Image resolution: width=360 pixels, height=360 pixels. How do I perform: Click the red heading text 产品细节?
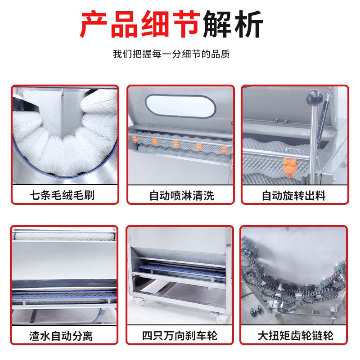click(x=139, y=24)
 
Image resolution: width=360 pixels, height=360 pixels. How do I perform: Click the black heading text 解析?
click(x=233, y=24)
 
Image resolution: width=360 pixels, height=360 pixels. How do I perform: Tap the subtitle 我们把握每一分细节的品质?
click(x=171, y=54)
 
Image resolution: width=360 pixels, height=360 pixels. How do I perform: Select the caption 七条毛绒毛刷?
click(x=62, y=195)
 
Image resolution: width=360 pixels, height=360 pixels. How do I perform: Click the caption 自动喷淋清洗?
click(x=182, y=196)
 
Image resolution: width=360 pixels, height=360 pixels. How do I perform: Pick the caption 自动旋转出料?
click(x=294, y=196)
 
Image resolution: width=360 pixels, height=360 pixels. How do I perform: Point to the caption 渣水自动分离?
click(x=61, y=336)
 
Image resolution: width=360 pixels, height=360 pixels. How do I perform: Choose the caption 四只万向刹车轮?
click(x=180, y=336)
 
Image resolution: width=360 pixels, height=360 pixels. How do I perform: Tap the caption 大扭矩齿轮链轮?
click(x=296, y=336)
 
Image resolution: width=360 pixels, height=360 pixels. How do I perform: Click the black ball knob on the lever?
click(x=315, y=98)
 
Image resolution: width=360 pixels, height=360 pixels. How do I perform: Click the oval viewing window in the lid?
click(x=181, y=106)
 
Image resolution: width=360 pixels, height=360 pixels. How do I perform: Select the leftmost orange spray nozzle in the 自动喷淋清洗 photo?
click(x=135, y=139)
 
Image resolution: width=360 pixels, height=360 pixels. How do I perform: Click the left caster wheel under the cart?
click(x=140, y=301)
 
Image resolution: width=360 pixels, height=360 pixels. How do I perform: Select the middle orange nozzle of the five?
click(x=176, y=144)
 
